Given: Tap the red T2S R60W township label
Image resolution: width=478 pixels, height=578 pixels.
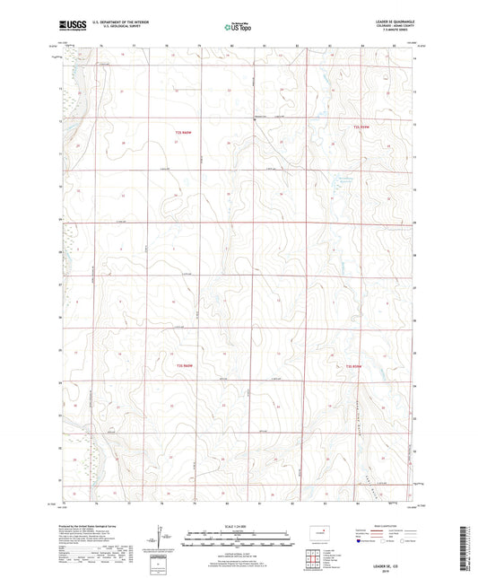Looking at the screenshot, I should pos(183,133).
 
